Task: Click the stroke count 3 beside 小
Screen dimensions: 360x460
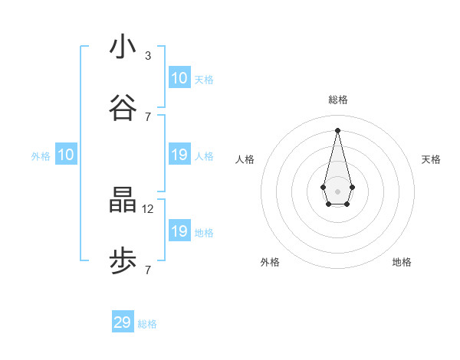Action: [x=148, y=56]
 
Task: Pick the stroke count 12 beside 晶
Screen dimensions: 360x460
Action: [x=149, y=208]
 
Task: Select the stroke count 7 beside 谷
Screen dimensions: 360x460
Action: [x=148, y=116]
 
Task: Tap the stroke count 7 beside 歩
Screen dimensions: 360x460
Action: [x=148, y=270]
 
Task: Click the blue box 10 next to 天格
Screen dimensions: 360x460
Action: [x=179, y=78]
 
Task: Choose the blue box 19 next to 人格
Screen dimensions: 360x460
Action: [x=179, y=155]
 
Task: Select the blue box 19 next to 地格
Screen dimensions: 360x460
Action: [x=179, y=231]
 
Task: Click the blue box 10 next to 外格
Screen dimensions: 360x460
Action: [x=66, y=155]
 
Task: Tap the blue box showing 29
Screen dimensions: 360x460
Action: [x=123, y=322]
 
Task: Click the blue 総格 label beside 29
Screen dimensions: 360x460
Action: [x=147, y=324]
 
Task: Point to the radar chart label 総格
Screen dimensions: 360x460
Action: [x=337, y=100]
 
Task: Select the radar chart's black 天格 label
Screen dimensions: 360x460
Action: [x=431, y=159]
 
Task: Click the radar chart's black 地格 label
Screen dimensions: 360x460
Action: [x=402, y=262]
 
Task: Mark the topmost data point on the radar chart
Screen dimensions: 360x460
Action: [x=337, y=129]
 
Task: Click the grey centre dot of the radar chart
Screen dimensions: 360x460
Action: [x=337, y=191]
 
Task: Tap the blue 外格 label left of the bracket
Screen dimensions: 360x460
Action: [x=41, y=156]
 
